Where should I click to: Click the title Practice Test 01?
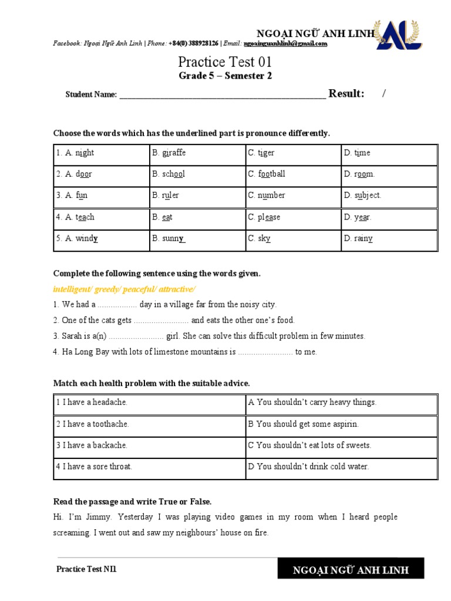(225, 62)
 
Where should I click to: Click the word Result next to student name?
(346, 94)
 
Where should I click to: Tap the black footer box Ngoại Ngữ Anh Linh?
(351, 570)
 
